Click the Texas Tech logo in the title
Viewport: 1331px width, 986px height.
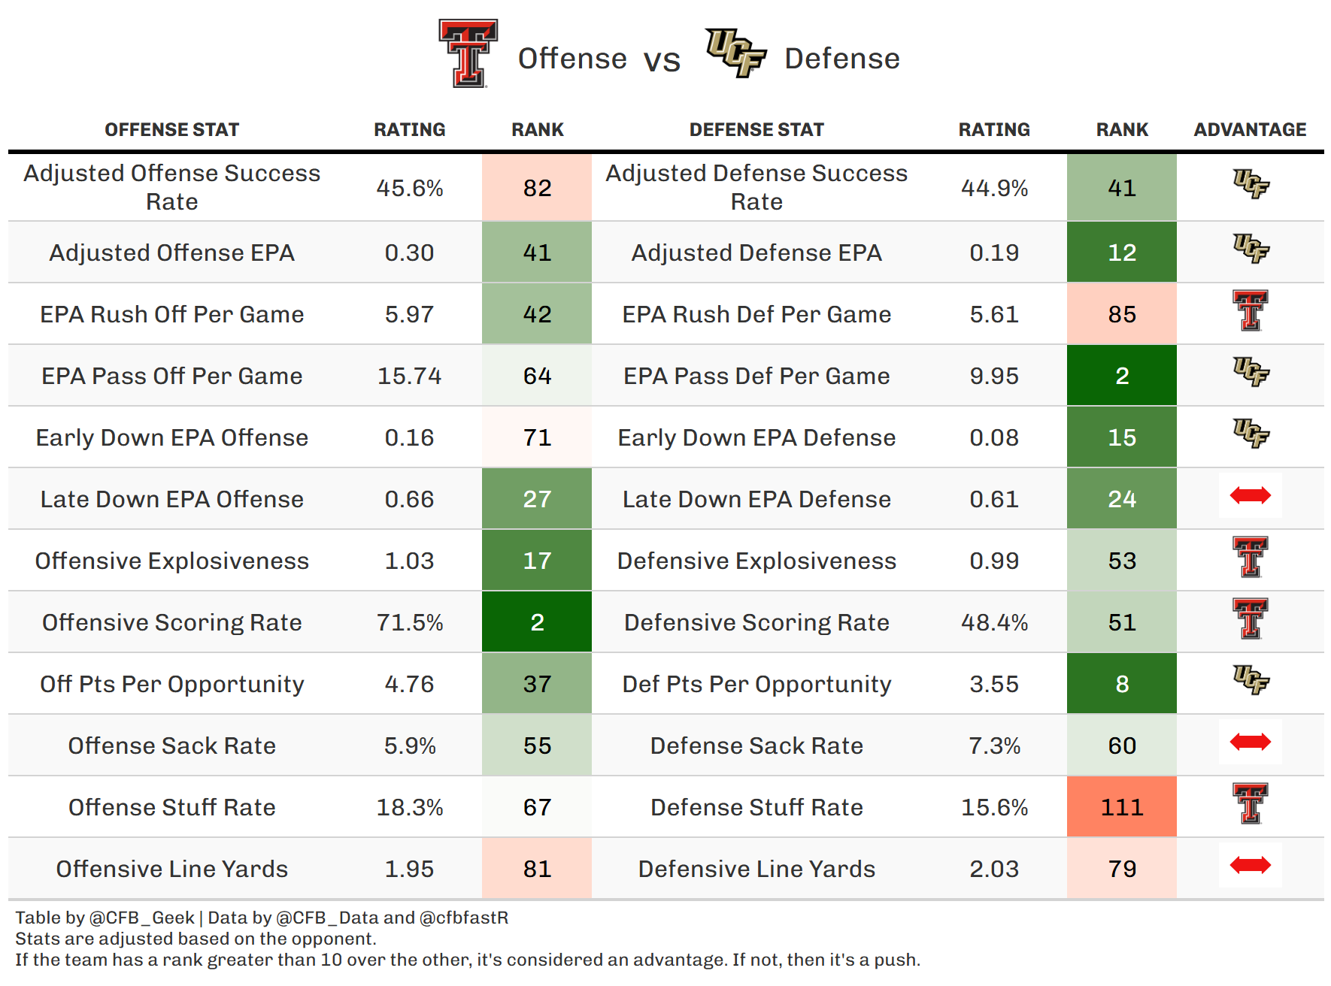(468, 53)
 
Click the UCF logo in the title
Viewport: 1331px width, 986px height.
(735, 53)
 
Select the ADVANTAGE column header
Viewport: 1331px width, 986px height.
(1250, 129)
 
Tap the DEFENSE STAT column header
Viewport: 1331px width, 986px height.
(756, 129)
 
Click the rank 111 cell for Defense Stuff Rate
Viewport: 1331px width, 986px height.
(1121, 807)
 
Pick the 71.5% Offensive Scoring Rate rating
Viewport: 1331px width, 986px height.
(410, 622)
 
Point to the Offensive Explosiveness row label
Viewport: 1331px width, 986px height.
(171, 561)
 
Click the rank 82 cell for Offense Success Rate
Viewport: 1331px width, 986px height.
(537, 188)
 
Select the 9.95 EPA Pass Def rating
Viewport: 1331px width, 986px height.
(993, 376)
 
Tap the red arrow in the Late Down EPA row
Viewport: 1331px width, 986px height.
(1250, 495)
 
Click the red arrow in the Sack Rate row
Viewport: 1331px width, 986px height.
(1250, 742)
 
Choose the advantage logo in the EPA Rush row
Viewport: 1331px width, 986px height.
(1250, 310)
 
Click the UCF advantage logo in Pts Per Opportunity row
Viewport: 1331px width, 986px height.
(1250, 679)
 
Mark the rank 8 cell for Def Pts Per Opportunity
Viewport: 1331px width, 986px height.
(1121, 684)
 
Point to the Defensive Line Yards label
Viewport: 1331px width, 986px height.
(756, 869)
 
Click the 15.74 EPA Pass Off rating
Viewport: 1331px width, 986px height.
(410, 376)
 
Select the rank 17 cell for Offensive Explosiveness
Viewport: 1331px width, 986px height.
(537, 561)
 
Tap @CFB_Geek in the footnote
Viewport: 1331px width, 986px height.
(141, 918)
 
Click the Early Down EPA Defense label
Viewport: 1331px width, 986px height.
(756, 437)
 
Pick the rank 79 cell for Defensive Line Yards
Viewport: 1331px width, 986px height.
(1121, 869)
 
